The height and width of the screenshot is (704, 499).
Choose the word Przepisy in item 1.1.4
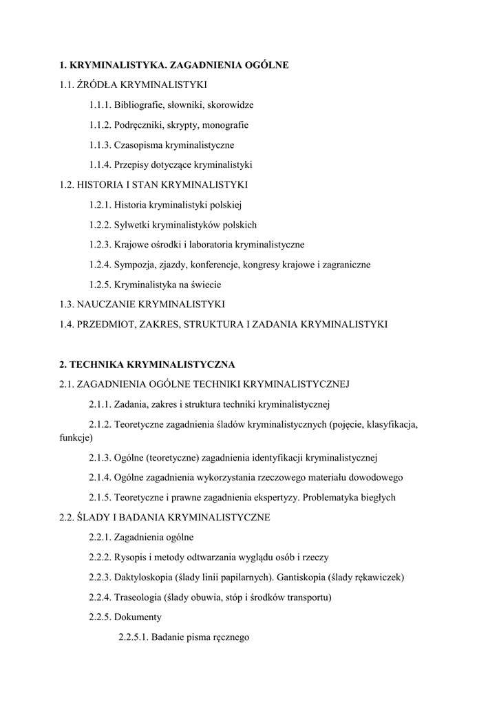[x=134, y=165]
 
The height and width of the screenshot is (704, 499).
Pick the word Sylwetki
[x=134, y=225]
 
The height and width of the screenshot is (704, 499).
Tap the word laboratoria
[x=206, y=244]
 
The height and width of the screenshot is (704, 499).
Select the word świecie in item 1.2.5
[x=206, y=284]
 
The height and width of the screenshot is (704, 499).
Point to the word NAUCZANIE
[x=107, y=304]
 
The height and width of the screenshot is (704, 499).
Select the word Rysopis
[x=131, y=557]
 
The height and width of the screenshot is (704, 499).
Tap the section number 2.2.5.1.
[x=132, y=637]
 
